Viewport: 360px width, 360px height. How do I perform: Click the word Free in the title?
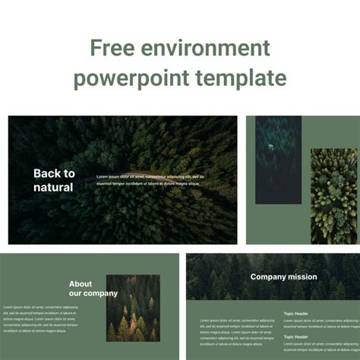pos(112,49)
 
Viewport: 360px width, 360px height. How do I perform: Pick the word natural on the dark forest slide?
pos(53,187)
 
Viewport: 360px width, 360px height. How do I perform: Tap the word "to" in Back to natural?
pos(69,173)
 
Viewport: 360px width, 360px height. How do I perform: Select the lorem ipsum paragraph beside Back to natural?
pos(150,180)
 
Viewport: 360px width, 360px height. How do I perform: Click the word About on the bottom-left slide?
pos(81,284)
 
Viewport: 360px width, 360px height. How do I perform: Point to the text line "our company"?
pos(93,293)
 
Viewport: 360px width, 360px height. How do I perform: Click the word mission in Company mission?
pos(302,277)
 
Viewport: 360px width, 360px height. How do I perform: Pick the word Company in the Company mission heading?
pos(267,277)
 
